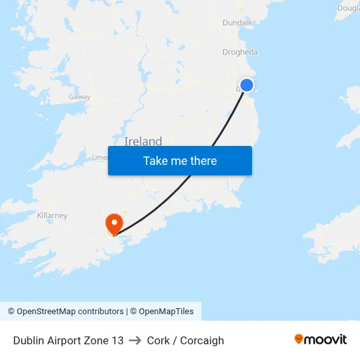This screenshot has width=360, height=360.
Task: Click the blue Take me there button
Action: tap(180, 161)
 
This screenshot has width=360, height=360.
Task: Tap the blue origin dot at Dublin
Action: tap(247, 85)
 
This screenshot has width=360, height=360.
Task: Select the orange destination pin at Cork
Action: tap(115, 224)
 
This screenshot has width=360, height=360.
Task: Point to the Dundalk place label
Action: tap(237, 22)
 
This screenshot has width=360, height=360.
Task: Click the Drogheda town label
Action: tap(240, 52)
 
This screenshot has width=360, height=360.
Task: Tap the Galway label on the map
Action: tap(79, 97)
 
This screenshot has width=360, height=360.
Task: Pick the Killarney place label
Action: tap(52, 215)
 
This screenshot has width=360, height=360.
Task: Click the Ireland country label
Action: tap(143, 141)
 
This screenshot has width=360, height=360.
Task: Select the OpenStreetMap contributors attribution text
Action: tap(65, 312)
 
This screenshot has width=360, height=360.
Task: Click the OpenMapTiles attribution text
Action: tap(162, 312)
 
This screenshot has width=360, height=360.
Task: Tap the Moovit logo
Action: tap(321, 340)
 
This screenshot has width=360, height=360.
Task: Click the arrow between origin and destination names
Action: tap(135, 340)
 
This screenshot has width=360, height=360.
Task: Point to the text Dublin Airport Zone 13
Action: tap(68, 340)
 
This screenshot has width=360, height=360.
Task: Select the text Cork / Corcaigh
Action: tap(185, 340)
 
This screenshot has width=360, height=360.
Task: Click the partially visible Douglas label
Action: tap(348, 8)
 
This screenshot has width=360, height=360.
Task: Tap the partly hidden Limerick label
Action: tap(99, 157)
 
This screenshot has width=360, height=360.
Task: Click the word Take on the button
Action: tap(155, 161)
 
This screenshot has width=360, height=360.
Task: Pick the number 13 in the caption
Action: tap(117, 340)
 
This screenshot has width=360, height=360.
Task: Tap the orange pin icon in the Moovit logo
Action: tap(299, 339)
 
